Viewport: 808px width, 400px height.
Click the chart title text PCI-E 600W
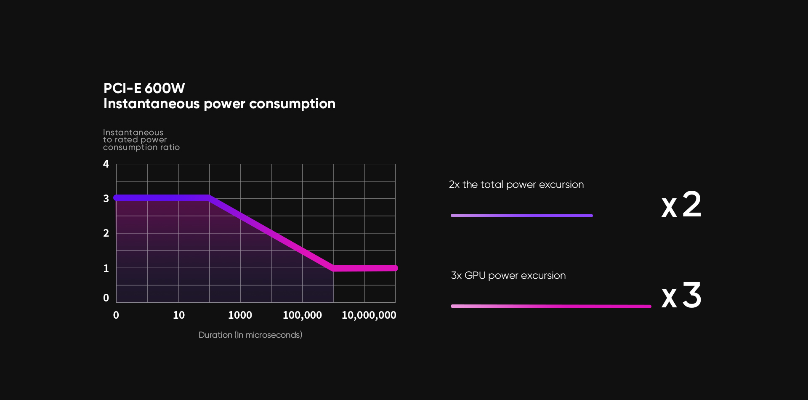(x=144, y=88)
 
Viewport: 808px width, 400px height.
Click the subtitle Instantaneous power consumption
(x=219, y=104)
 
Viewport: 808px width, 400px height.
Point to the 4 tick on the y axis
(x=106, y=164)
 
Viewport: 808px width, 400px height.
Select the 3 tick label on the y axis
(x=106, y=199)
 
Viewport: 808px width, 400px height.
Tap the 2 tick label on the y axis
(x=106, y=233)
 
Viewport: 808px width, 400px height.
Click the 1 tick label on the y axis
(x=106, y=268)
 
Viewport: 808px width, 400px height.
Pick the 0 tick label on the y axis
(x=106, y=298)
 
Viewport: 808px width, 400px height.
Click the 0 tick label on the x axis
(x=116, y=315)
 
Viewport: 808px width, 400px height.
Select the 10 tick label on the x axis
(x=179, y=315)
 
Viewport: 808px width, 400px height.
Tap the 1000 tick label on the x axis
(x=240, y=315)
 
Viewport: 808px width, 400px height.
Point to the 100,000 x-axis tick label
(x=302, y=315)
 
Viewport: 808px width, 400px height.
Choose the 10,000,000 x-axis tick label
(x=369, y=315)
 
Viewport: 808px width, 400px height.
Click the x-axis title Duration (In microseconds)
(x=250, y=335)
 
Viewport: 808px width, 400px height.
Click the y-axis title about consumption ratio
(x=141, y=140)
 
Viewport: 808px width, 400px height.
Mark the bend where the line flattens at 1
(x=333, y=268)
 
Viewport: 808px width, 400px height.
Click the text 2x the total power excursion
(x=516, y=185)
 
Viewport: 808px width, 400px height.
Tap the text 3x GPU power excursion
(x=508, y=276)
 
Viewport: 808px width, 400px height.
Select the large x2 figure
(x=681, y=205)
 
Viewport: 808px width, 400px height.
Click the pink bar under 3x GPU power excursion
(x=551, y=307)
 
